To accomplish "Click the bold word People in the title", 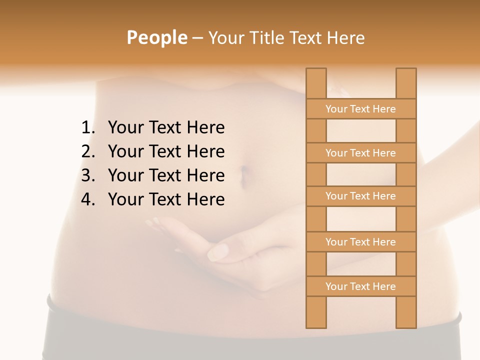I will point(156,38).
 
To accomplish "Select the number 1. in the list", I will point(88,128).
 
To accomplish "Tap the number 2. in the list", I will point(88,151).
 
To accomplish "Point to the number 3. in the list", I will point(88,175).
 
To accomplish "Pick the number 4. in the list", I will point(88,199).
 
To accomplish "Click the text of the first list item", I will point(166,128).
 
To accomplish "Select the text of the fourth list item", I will point(166,199).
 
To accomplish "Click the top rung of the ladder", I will point(360,109).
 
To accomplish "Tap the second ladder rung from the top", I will point(360,153).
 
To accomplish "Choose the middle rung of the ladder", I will point(360,196).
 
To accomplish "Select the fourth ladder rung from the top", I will point(360,242).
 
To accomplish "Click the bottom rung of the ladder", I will point(360,286).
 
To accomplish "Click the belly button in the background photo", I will point(245,176).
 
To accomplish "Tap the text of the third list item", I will point(166,175).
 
